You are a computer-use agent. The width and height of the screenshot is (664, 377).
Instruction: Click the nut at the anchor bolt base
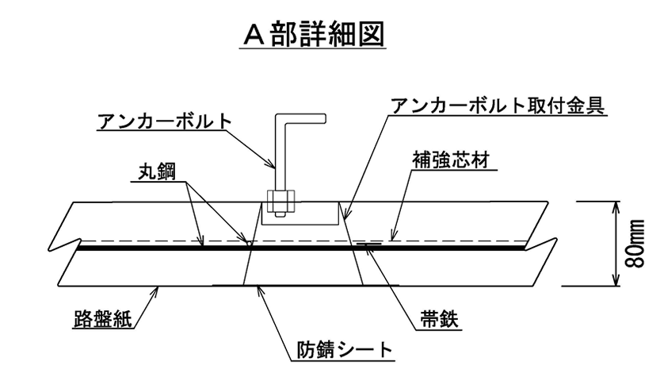[x=278, y=202]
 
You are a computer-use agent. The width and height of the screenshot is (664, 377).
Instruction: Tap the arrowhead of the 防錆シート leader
[x=258, y=287]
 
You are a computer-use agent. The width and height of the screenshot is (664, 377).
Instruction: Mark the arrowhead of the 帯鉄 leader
[x=361, y=247]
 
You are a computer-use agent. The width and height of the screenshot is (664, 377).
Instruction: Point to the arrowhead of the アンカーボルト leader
[x=276, y=168]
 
